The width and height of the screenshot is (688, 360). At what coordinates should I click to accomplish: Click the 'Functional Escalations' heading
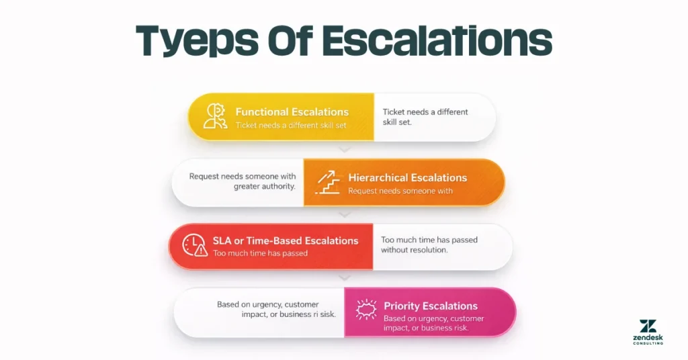coord(292,112)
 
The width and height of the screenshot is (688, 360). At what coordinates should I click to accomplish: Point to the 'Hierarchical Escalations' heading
coord(407,178)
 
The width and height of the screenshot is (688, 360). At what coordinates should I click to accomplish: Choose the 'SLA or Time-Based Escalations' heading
coord(286,240)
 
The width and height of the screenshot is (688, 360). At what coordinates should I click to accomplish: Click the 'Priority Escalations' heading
coord(430,306)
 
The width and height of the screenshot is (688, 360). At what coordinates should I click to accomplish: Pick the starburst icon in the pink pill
coord(366,310)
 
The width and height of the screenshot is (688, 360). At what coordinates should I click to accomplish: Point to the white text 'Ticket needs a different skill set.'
coord(425,117)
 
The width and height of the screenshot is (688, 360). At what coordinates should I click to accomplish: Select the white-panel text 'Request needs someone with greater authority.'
coord(243,181)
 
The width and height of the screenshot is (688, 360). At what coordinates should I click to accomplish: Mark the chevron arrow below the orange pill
coord(345,215)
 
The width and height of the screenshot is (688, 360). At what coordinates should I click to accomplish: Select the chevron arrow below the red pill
coord(345,277)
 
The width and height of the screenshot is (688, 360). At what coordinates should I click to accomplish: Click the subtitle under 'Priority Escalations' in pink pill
coord(433,324)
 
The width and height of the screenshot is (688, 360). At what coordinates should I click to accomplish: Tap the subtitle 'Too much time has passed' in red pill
coord(261,254)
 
